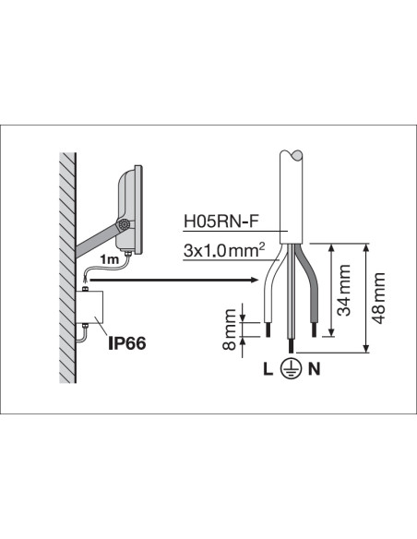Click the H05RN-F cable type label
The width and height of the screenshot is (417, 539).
pyautogui.click(x=220, y=222)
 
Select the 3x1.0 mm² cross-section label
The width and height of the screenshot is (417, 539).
pyautogui.click(x=224, y=250)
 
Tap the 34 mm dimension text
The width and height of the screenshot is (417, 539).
pyautogui.click(x=344, y=290)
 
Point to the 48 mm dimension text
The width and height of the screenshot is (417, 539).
pyautogui.click(x=378, y=298)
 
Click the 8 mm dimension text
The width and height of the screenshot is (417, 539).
pyautogui.click(x=230, y=329)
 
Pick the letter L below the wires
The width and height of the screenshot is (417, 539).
pyautogui.click(x=268, y=369)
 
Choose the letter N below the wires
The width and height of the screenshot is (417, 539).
pyautogui.click(x=315, y=369)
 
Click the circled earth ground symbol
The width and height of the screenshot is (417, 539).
pyautogui.click(x=291, y=369)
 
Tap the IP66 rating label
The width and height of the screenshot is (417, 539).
pyautogui.click(x=126, y=343)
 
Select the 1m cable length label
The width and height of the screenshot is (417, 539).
pyautogui.click(x=109, y=259)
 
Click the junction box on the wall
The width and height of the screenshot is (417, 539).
pyautogui.click(x=89, y=306)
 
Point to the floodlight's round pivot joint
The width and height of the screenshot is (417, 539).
pyautogui.click(x=123, y=225)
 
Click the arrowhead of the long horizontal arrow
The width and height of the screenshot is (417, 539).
pyautogui.click(x=255, y=280)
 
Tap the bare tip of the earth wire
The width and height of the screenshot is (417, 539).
pyautogui.click(x=292, y=347)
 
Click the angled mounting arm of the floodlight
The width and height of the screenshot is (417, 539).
pyautogui.click(x=96, y=241)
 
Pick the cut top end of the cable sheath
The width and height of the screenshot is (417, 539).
pyautogui.click(x=292, y=155)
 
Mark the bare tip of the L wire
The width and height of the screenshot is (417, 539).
pyautogui.click(x=268, y=330)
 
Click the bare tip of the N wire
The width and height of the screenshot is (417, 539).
pyautogui.click(x=314, y=330)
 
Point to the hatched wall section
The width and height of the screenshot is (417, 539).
pyautogui.click(x=67, y=268)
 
